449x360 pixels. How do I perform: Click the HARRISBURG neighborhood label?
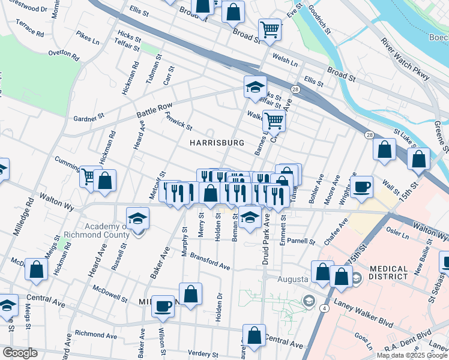point(217,143)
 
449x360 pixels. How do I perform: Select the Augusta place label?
point(292,280)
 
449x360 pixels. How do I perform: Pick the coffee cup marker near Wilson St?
point(162,305)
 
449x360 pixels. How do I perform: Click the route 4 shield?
point(324,308)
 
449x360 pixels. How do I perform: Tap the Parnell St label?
point(301,241)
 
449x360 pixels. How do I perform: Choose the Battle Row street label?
point(154,110)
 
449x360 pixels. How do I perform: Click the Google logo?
point(20,353)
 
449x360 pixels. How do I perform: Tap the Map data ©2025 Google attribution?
point(412,355)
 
